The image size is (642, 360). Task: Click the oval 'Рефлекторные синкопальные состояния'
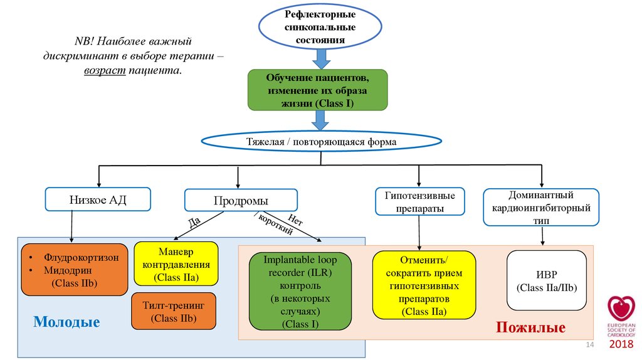click(320, 28)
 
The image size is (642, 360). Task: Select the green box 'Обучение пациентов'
click(318, 90)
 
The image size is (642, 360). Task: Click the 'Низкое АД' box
click(98, 199)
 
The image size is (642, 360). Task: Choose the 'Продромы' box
click(241, 201)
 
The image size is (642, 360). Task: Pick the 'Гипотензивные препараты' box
click(420, 201)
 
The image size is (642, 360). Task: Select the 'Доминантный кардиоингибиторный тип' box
click(541, 206)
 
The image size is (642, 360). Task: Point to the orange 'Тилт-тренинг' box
click(174, 310)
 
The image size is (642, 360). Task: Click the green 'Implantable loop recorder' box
click(300, 291)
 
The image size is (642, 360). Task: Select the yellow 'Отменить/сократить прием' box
click(419, 284)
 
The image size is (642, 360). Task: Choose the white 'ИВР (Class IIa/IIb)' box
click(546, 280)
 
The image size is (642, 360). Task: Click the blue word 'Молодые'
click(66, 322)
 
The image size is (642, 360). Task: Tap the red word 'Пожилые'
click(530, 327)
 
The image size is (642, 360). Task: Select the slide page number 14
click(589, 347)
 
